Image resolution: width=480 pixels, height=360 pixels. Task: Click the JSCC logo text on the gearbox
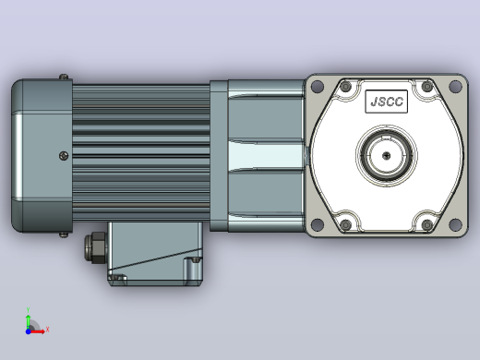(387, 102)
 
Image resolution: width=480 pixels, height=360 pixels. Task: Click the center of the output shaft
(387, 156)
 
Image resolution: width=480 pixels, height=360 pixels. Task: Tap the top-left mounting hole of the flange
(318, 86)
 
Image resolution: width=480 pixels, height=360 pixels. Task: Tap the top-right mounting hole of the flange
(455, 86)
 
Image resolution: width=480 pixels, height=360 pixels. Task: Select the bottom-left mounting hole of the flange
(318, 224)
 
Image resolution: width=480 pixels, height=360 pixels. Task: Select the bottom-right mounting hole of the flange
(455, 224)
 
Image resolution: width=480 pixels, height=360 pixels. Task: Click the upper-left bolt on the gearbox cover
(346, 87)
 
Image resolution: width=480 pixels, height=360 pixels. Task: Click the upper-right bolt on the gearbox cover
(427, 87)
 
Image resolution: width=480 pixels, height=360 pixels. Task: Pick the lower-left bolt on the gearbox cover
(346, 225)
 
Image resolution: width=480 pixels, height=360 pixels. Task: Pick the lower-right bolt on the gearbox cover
(427, 225)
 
